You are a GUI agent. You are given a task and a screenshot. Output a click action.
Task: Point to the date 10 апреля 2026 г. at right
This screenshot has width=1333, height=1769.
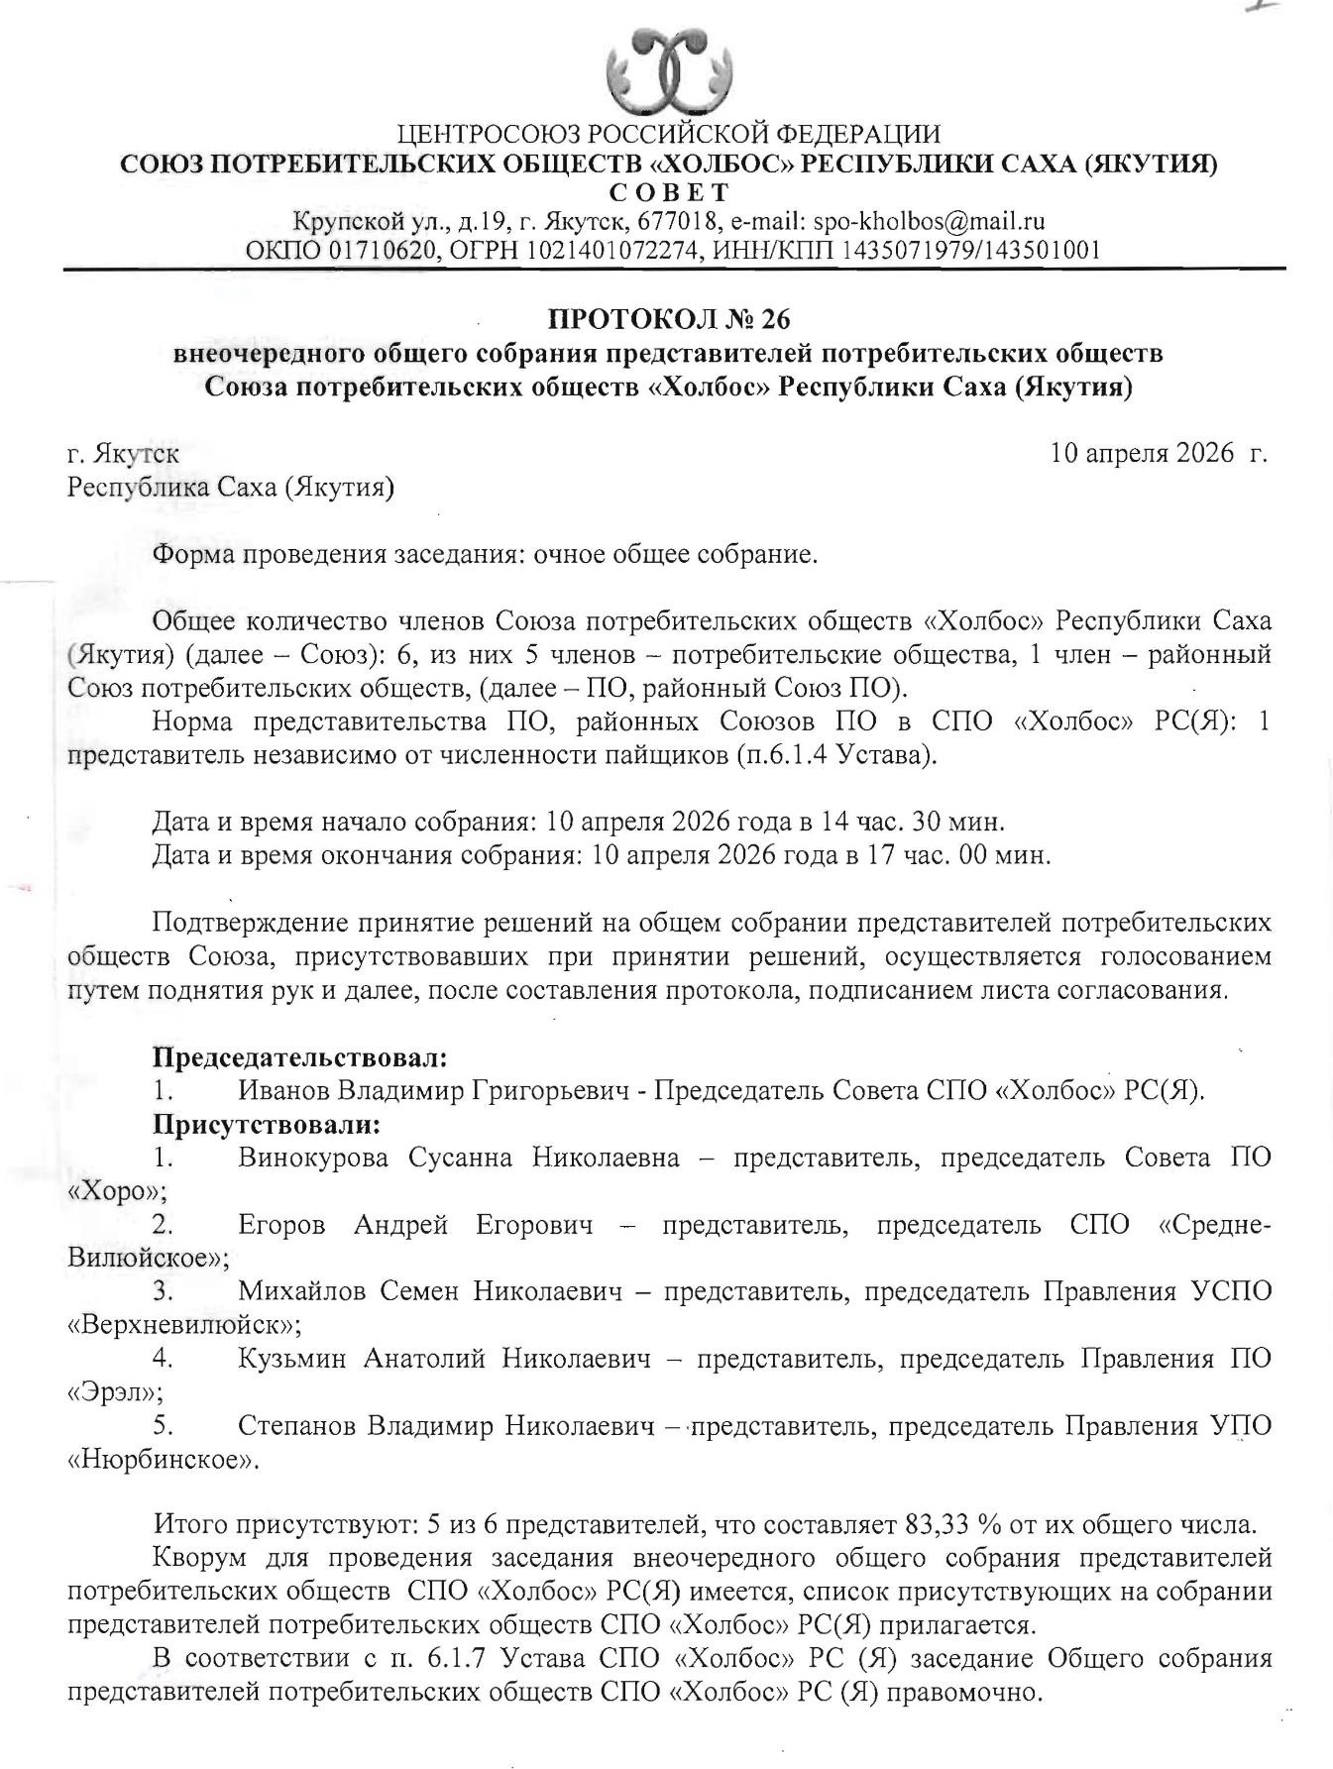point(1159,454)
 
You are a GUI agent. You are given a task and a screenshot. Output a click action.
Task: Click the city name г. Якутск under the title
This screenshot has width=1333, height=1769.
point(123,455)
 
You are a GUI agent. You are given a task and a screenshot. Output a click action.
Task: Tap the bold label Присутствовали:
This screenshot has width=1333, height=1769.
point(267,1125)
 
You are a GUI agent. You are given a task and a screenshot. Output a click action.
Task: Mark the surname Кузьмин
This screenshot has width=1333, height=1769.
point(292,1359)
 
